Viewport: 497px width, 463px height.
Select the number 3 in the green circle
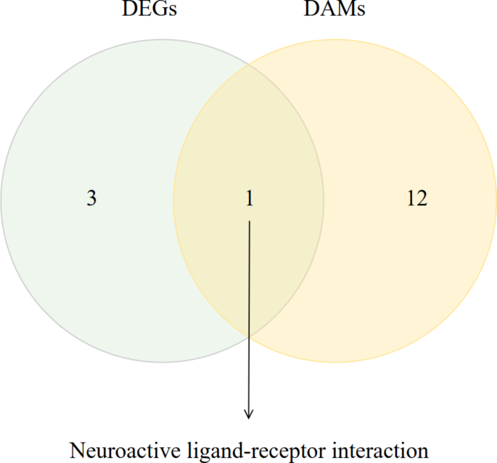pos(91,199)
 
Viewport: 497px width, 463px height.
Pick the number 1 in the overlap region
pos(249,199)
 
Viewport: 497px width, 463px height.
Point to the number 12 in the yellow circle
pos(416,199)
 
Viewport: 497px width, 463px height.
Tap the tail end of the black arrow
pos(249,223)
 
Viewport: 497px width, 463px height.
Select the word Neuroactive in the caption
pos(111,449)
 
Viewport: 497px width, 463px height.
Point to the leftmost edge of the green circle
pos(1,200)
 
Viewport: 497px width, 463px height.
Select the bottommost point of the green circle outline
pos(162,361)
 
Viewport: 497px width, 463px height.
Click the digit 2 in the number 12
pos(422,199)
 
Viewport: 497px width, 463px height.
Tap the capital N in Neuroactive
pos(76,449)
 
